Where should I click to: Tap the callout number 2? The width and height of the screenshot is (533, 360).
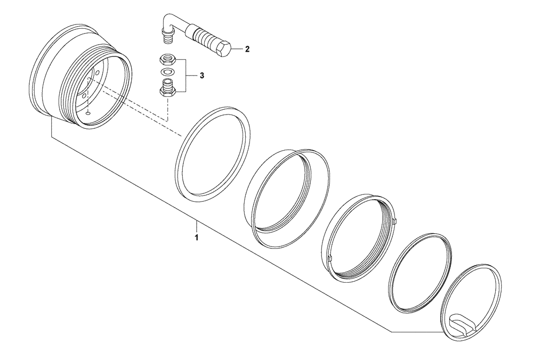(x=246, y=49)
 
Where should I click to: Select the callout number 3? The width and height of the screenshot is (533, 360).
(x=201, y=76)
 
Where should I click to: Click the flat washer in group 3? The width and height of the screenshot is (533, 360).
(x=167, y=72)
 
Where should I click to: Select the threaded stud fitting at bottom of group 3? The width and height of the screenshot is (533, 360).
(x=167, y=87)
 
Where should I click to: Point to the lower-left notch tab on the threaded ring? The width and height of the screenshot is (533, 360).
(x=330, y=258)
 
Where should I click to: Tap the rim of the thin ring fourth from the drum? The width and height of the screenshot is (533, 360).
(x=394, y=277)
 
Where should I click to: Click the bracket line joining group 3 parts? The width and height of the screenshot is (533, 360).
(x=185, y=76)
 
